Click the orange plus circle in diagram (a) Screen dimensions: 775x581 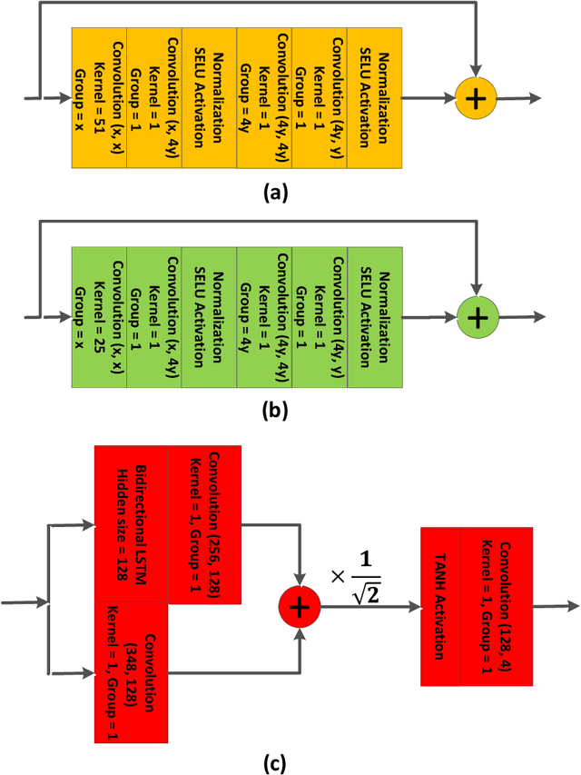pyautogui.click(x=477, y=97)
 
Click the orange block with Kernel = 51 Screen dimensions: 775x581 pyautogui.click(x=98, y=98)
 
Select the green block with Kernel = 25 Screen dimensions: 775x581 pyautogui.click(x=98, y=316)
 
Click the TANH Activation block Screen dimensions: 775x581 pyautogui.click(x=440, y=606)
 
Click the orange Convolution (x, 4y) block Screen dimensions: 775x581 pyautogui.click(x=153, y=98)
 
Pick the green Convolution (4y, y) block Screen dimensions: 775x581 pyautogui.click(x=320, y=316)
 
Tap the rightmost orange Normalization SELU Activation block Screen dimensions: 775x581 pyautogui.click(x=374, y=98)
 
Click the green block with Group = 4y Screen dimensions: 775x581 pyautogui.click(x=263, y=316)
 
